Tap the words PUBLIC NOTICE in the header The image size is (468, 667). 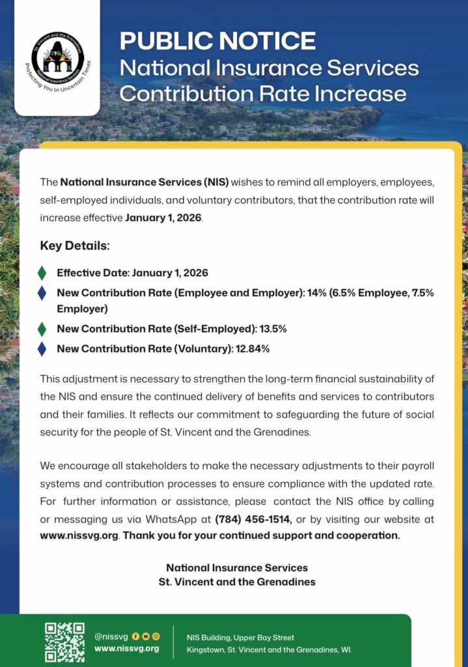point(217,40)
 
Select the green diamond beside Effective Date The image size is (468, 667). point(42,273)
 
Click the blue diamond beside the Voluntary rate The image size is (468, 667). point(42,348)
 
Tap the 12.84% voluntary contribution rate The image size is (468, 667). point(253,348)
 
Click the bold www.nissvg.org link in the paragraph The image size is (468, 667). point(79,535)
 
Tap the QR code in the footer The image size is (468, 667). point(64,642)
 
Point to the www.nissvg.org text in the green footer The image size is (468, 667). point(126,648)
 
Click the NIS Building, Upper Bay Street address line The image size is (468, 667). point(240,637)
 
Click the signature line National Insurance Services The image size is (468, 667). point(237,567)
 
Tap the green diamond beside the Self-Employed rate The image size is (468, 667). point(42,329)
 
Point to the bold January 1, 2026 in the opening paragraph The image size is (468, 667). point(163,218)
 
